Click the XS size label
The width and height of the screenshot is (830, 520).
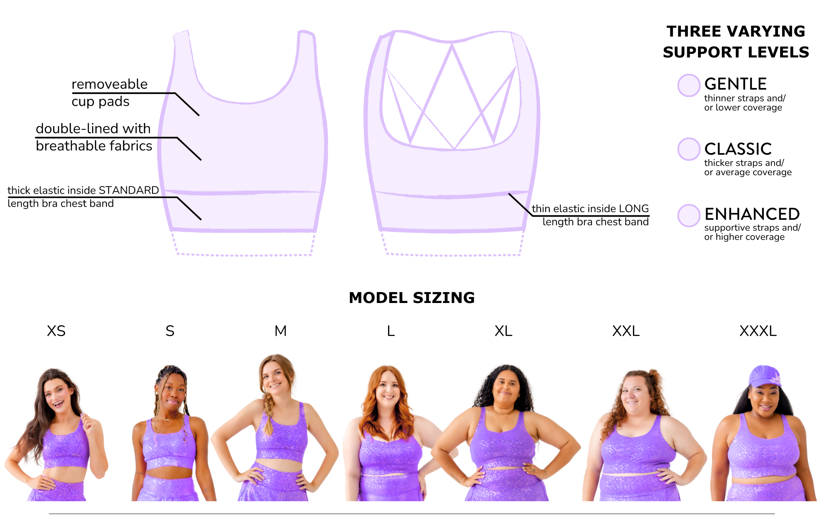point(56,331)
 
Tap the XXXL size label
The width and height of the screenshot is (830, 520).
point(758,331)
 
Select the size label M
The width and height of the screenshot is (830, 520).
point(281,331)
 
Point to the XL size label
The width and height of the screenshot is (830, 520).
point(503,331)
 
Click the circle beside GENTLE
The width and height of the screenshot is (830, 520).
point(689,85)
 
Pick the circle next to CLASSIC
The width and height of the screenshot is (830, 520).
point(689,149)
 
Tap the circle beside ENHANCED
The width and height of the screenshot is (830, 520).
point(689,215)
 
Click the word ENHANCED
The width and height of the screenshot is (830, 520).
point(752,214)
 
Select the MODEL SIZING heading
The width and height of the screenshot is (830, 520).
point(412,298)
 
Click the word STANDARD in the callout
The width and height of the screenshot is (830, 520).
point(129,190)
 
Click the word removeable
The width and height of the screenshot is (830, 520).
point(109,84)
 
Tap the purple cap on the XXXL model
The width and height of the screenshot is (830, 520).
point(764,376)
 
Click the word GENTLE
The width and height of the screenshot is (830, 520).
point(735,84)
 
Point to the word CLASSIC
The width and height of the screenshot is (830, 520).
point(738,149)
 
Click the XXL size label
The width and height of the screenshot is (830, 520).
point(626,331)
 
